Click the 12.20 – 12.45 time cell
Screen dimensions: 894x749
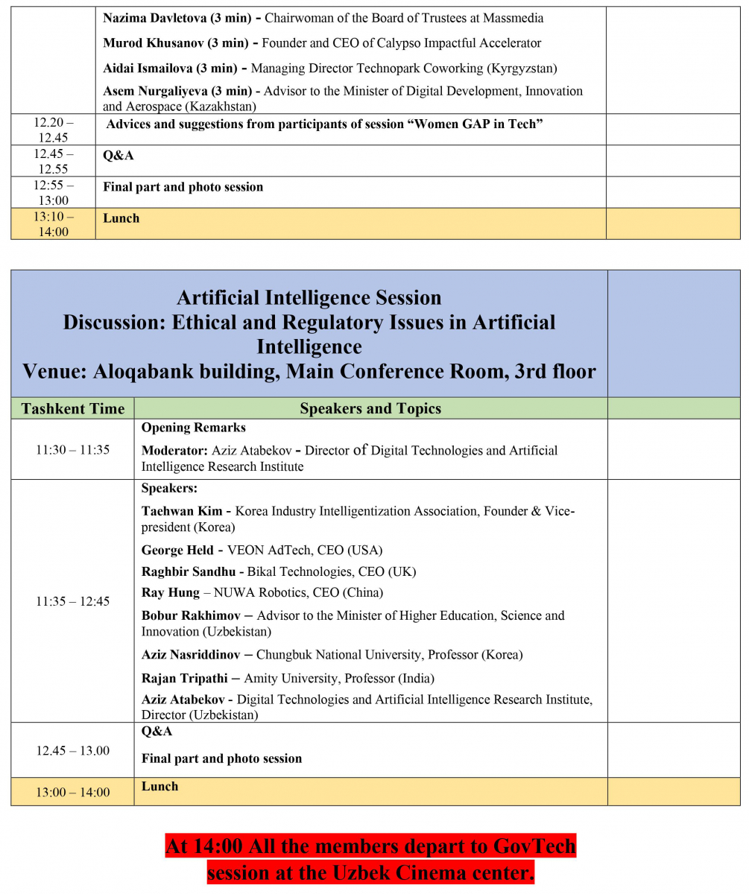(x=54, y=130)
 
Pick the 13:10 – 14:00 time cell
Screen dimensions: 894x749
(x=54, y=223)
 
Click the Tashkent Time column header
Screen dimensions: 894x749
(x=73, y=408)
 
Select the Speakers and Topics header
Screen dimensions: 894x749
(x=370, y=408)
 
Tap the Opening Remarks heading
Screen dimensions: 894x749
(x=194, y=428)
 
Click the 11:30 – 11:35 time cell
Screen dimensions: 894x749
(x=73, y=449)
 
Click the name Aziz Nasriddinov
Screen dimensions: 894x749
(x=191, y=655)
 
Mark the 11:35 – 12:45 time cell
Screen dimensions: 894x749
(x=73, y=601)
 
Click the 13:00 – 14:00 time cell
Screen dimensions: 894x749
(x=73, y=792)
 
